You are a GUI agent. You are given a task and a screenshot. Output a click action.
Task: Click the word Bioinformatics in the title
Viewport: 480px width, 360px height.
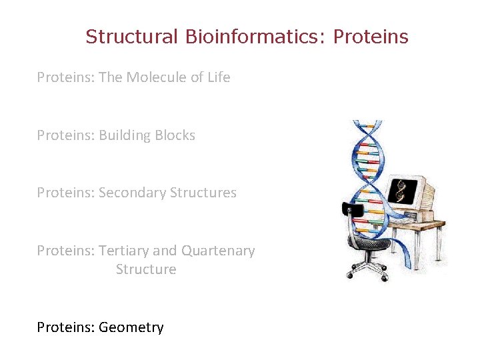[254, 37]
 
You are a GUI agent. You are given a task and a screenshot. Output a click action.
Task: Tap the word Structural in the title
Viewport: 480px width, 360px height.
[131, 37]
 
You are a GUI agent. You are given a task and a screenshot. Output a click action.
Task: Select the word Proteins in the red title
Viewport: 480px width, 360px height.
[371, 37]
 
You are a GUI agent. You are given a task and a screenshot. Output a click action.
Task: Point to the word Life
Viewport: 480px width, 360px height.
[218, 77]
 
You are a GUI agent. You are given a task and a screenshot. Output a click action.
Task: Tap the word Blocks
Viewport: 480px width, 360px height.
[175, 135]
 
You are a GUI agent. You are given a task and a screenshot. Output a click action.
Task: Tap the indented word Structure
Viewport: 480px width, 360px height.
[146, 269]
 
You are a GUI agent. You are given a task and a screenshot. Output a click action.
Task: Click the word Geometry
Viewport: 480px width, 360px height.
[131, 327]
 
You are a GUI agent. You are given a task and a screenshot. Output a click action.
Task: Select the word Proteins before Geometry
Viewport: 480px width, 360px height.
[65, 327]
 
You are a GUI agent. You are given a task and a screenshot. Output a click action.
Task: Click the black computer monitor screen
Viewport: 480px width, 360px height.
[402, 191]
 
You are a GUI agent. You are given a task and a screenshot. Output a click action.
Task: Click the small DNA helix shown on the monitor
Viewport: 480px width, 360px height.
[401, 191]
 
